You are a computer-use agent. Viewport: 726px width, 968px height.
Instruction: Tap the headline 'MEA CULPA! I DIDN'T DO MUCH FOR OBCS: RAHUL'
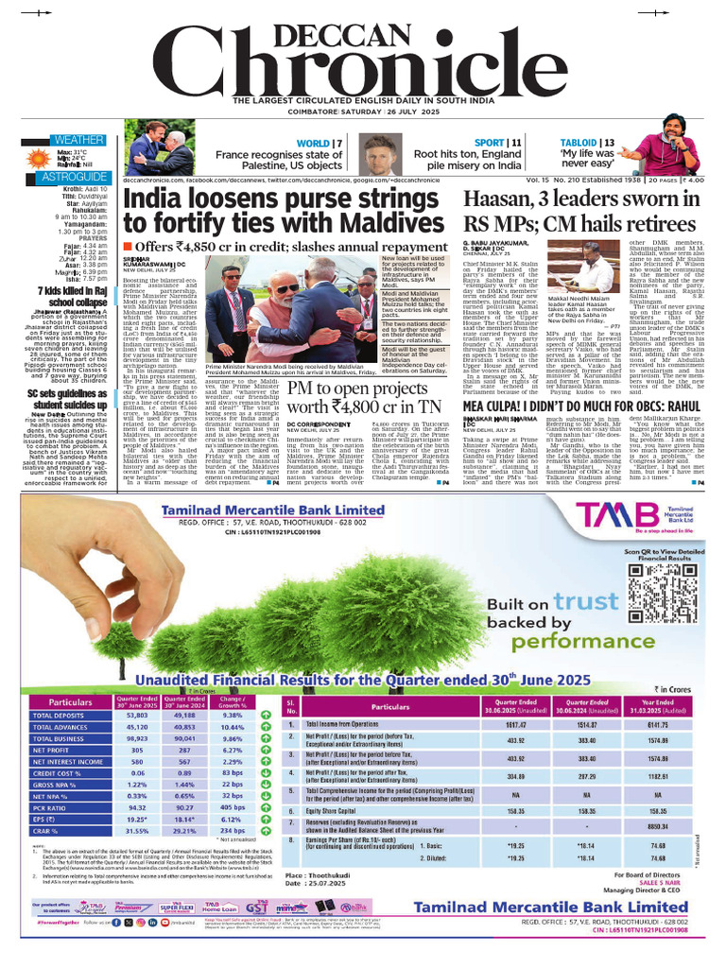576,406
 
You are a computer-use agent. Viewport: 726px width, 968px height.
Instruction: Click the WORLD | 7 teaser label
320,143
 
